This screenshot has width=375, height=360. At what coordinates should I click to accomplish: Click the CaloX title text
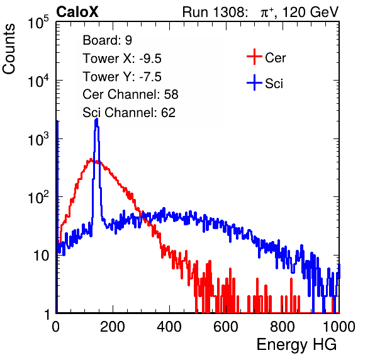[77, 12]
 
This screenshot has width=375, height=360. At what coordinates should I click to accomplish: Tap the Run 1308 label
[214, 12]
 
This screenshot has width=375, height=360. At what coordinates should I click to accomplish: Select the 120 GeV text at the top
[310, 12]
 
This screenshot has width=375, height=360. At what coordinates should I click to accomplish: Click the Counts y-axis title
[9, 49]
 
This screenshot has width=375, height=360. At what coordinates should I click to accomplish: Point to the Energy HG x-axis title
[296, 344]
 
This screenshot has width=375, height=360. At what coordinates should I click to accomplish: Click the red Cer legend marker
[254, 57]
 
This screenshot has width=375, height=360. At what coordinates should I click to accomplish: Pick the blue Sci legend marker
[254, 83]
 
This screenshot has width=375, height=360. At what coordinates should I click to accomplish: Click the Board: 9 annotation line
[107, 40]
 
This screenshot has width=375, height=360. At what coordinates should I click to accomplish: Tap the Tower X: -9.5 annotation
[122, 59]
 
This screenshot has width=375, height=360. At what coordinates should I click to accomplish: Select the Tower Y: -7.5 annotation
[122, 77]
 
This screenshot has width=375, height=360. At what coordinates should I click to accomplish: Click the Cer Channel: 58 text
[130, 94]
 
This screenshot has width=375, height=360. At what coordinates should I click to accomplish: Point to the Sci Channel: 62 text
[129, 113]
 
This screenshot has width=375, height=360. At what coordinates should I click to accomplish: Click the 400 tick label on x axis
[169, 327]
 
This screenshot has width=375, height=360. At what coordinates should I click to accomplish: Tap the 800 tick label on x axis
[283, 327]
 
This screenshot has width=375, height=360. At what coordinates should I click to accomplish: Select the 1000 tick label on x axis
[339, 327]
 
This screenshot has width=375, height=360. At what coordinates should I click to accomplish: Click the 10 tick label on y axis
[42, 256]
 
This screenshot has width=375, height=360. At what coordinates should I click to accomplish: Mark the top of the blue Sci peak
[96, 119]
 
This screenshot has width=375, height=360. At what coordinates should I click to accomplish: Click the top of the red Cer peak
[91, 159]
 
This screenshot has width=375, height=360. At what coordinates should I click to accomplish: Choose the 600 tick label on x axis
[226, 327]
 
